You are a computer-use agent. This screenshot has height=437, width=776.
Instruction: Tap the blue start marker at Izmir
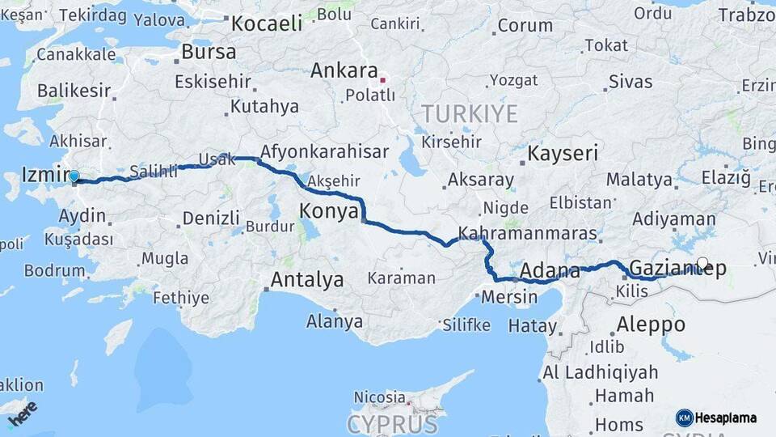[x=74, y=176]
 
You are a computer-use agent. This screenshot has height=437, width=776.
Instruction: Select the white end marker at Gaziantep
[x=702, y=263]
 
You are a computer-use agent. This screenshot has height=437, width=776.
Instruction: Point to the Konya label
[x=328, y=212]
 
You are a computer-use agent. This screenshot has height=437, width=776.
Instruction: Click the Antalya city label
[x=306, y=281]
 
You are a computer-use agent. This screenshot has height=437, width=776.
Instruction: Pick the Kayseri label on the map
[x=563, y=153]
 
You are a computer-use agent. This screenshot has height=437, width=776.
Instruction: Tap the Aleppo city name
[x=651, y=325]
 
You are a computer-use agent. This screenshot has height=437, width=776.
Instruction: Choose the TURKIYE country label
[x=469, y=114]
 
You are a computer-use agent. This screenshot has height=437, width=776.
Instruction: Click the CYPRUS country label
[x=392, y=424]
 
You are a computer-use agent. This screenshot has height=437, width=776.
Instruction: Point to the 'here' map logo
[x=22, y=414]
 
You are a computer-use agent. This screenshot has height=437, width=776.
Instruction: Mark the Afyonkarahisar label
[x=324, y=151]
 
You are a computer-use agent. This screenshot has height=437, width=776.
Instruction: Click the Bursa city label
[x=209, y=52]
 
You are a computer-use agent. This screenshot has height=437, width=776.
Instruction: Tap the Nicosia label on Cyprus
[x=379, y=397]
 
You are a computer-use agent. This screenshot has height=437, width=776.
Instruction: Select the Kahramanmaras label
[x=528, y=234]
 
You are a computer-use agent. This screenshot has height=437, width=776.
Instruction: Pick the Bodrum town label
[x=54, y=270]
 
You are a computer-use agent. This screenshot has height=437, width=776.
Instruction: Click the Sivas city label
[x=630, y=81]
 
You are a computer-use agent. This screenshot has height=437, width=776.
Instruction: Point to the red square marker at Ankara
[x=383, y=80]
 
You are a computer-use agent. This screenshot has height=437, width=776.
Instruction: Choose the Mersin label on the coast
[x=509, y=297]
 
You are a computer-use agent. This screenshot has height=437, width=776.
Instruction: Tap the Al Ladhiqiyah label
[x=596, y=373]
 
